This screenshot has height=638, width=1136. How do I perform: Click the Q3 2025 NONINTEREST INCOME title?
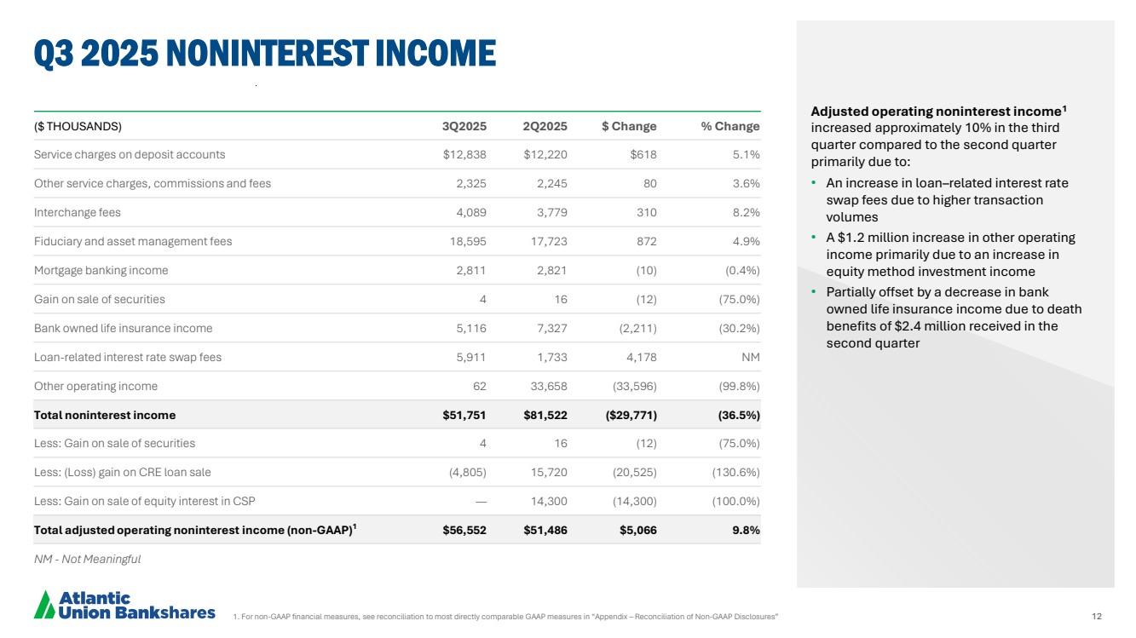(264, 53)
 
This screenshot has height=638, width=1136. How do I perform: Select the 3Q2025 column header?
(464, 126)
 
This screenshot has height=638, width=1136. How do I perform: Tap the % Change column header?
(729, 126)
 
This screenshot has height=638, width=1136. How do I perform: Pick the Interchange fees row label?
(77, 212)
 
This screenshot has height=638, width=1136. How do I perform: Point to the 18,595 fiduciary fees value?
(468, 241)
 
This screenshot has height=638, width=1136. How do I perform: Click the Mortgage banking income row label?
(101, 270)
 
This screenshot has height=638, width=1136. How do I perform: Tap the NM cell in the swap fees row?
(750, 357)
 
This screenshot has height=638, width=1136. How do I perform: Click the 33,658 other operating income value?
(546, 386)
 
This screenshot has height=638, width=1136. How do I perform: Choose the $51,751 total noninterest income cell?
(464, 415)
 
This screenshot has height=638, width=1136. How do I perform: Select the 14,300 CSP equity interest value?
(546, 501)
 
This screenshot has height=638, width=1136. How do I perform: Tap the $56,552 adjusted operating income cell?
(464, 530)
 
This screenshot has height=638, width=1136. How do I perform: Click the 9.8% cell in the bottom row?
(745, 530)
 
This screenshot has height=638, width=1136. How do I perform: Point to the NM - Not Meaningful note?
(87, 559)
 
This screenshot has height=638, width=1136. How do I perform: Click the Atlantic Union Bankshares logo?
(124, 604)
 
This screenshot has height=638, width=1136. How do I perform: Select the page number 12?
(1097, 615)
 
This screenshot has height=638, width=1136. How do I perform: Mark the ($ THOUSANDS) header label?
(78, 126)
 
